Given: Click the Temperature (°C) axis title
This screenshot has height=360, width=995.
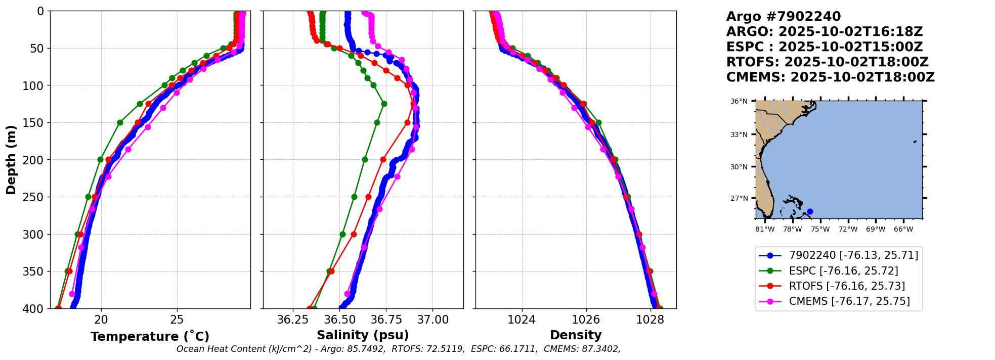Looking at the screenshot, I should tap(150, 337).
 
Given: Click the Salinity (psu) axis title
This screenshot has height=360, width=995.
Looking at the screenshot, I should tap(363, 335).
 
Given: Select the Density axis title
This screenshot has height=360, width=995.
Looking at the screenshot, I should tap(576, 335).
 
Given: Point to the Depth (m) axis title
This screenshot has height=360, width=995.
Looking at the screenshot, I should tap(11, 159).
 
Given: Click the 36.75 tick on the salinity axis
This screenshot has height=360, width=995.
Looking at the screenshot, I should tap(386, 320).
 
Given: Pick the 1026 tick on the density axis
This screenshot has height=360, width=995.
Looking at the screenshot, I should tap(586, 320).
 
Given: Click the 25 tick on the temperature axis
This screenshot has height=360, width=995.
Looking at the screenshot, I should tap(177, 320).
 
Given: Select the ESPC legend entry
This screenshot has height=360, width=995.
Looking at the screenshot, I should tap(843, 271).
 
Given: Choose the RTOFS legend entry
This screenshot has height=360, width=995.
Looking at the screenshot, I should tap(847, 286).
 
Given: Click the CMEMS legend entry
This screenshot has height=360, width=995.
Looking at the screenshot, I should tap(849, 301).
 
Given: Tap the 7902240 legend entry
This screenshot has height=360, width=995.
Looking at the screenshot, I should tap(853, 256).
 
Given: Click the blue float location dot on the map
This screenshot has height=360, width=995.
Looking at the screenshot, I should tap(810, 212).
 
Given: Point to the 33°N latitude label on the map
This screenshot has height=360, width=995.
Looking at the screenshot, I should tap(739, 134).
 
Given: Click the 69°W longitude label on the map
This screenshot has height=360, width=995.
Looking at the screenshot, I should tap(876, 230).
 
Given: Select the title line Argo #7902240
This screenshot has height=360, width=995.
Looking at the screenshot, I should tap(783, 17).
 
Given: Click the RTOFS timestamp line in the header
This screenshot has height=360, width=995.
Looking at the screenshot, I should tap(827, 62).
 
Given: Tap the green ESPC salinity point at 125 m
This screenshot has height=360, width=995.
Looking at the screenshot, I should tap(384, 104).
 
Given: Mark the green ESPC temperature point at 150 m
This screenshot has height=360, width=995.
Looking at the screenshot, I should tap(120, 122).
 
